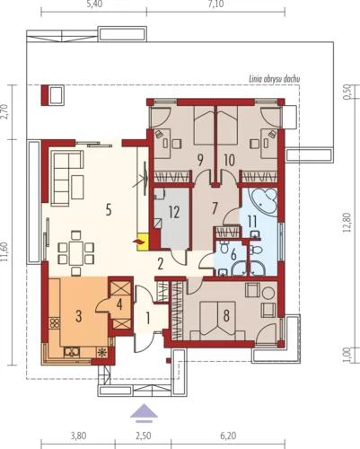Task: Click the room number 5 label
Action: pos(109,210)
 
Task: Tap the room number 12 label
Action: pos(174,212)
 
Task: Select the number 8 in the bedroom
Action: pos(226,315)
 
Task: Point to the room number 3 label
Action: pos(78,316)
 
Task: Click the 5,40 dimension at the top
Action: pos(93,5)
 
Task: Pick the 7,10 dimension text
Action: pos(215,5)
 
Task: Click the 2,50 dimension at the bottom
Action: pos(144,436)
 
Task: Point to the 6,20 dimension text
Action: pos(228,436)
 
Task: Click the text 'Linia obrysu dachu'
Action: pos(275,79)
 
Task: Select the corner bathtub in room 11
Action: pos(265,202)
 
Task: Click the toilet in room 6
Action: pos(224,248)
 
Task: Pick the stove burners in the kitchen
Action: pos(55,323)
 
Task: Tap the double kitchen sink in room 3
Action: pos(72,352)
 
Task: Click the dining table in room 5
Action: pos(76,252)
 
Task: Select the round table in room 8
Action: pos(268,293)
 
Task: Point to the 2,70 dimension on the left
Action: pos(5,111)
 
